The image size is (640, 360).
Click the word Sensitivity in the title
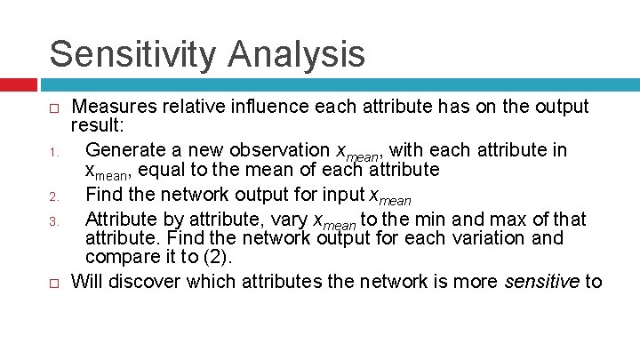[132, 53]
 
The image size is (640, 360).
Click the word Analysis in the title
[296, 53]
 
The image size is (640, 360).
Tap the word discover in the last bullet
[138, 283]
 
